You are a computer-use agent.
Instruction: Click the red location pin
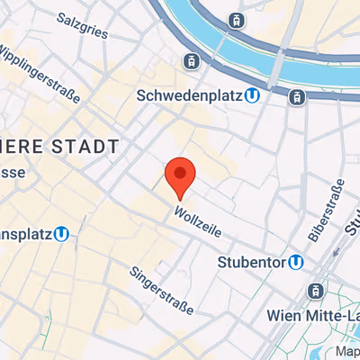tap(181, 175)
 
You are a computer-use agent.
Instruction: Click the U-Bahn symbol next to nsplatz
tap(61, 234)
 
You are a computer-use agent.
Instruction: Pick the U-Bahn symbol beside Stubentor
tap(294, 262)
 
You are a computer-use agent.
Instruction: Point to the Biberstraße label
tap(326, 211)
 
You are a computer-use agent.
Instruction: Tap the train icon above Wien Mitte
tap(315, 291)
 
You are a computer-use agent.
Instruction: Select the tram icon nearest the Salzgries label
tap(190, 61)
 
